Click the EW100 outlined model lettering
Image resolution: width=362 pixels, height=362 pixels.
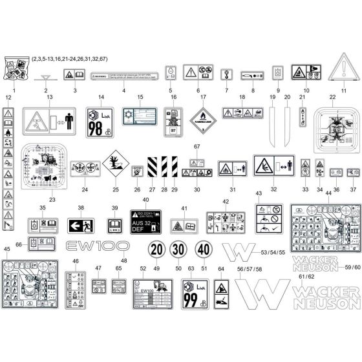coord(92,246)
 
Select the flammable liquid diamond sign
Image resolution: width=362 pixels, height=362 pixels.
coord(203,120)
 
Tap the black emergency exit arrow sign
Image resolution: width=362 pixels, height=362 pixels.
coord(81,226)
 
